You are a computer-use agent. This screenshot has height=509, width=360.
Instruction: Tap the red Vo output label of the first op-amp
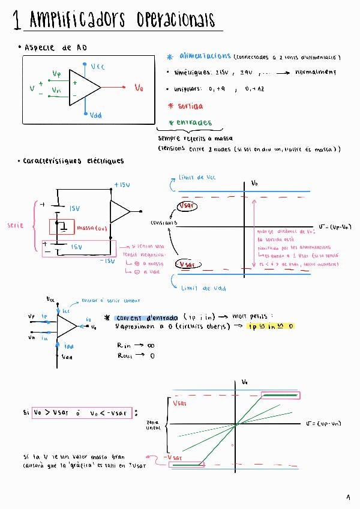point(139,88)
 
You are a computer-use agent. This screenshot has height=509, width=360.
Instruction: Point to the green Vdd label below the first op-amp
point(95,115)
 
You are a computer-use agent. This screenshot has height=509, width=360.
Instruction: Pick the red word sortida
point(190,106)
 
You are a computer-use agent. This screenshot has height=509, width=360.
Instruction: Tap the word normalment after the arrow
point(316,72)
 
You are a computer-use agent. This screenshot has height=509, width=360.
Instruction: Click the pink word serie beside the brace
point(15,226)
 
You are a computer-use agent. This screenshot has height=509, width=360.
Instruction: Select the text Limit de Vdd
point(203,288)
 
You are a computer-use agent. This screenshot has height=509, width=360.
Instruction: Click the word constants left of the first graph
point(164,223)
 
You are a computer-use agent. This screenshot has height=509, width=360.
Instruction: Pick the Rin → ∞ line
point(131,345)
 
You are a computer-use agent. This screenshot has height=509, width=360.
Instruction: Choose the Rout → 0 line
point(130,355)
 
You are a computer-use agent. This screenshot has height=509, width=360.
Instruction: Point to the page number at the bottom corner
point(348,498)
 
